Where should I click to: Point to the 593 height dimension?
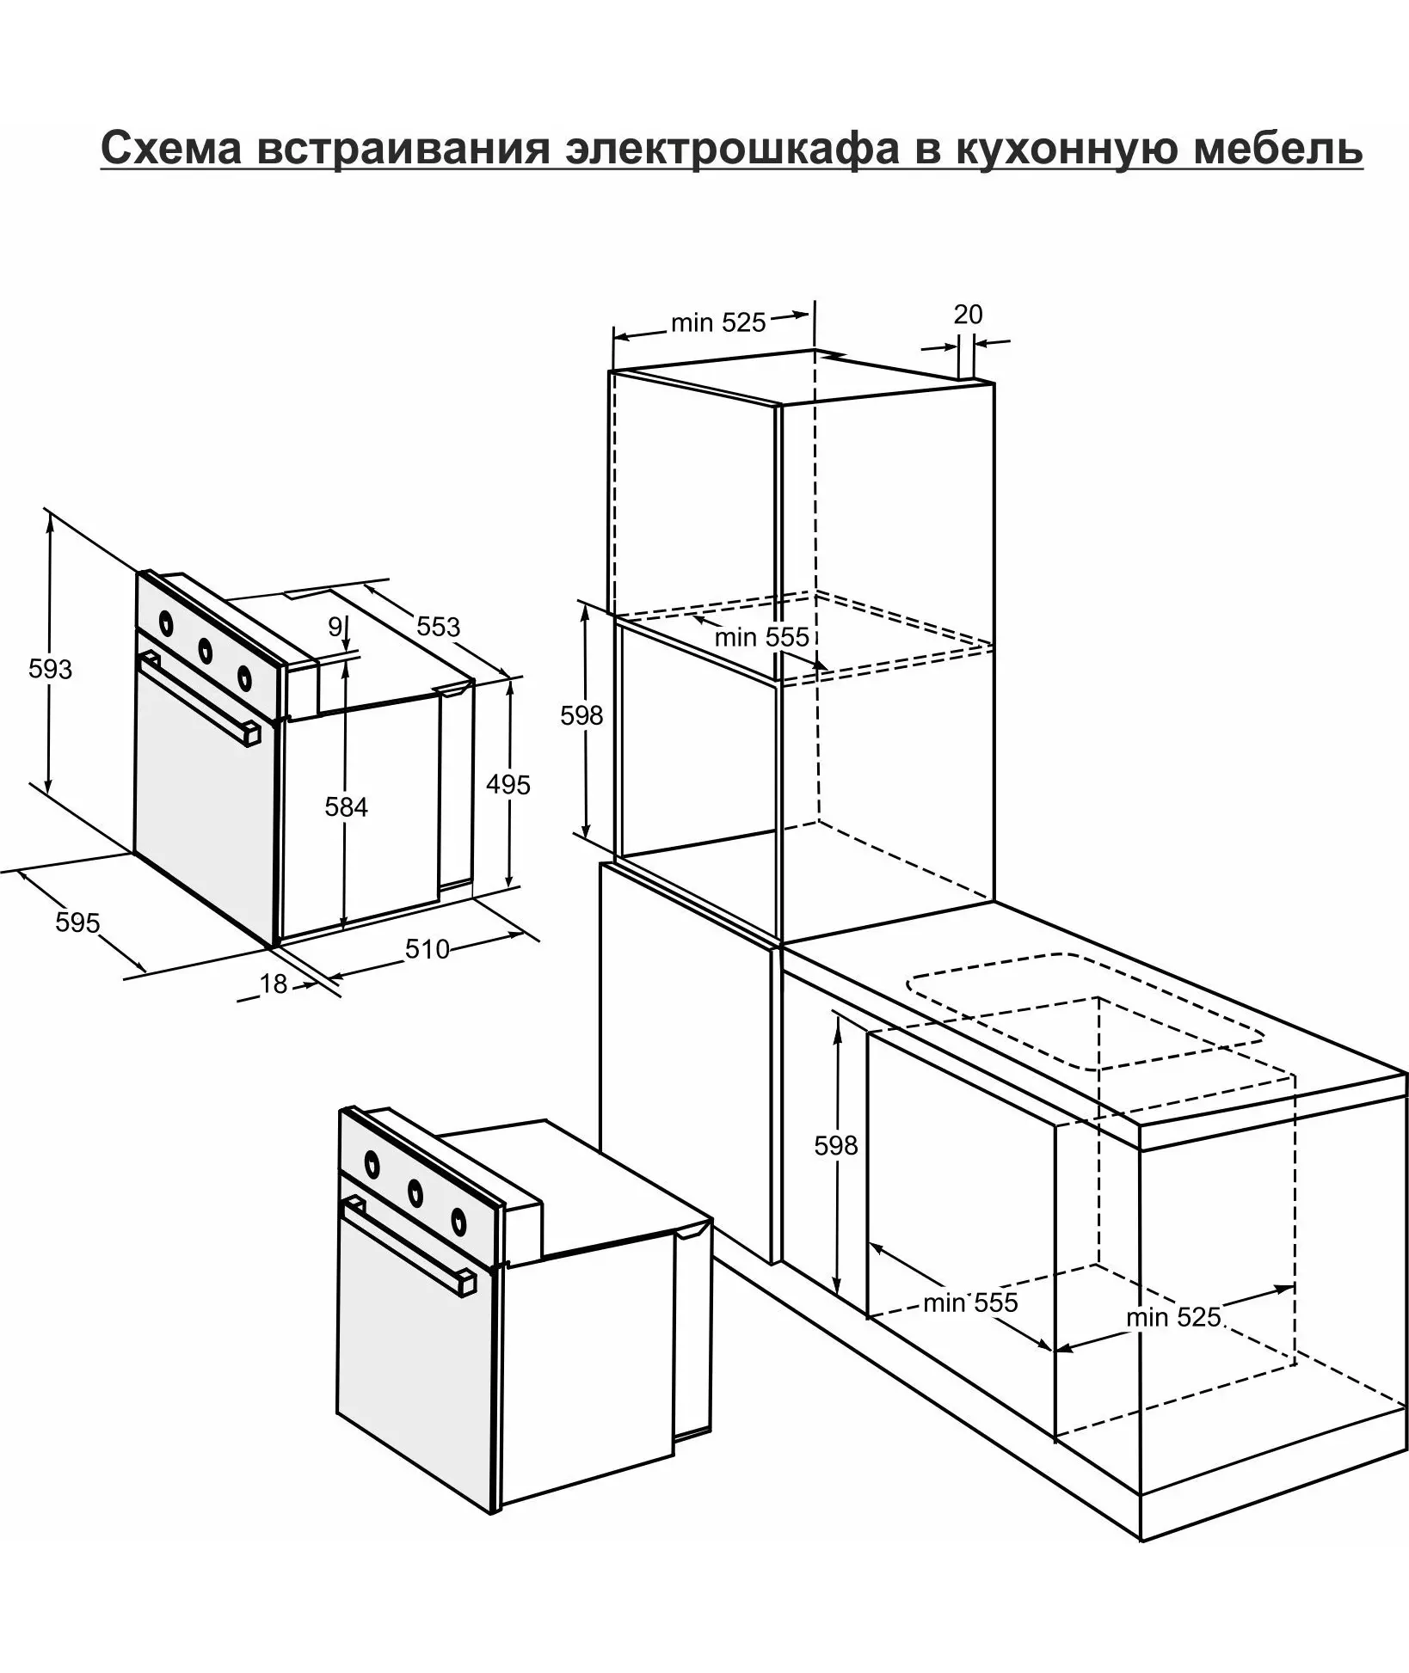pos(50,668)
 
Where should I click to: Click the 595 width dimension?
pos(77,922)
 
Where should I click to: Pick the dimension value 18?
pos(273,984)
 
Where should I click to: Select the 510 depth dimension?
pos(428,948)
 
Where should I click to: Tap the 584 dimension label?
pos(346,806)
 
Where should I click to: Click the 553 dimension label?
pos(439,626)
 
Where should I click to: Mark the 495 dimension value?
pos(508,784)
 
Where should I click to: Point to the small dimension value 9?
pos(335,627)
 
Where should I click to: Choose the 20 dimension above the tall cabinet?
pos(968,315)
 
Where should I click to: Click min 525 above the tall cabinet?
pos(718,322)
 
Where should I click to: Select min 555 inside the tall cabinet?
pos(762,637)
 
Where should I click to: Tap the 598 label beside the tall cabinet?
pos(581,715)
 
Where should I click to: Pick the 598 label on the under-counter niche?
pos(836,1144)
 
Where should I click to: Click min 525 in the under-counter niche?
pos(1173,1317)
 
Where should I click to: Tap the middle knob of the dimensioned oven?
pos(206,649)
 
